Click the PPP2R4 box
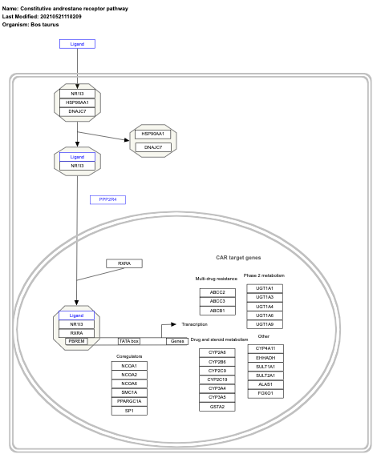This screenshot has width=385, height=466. click(107, 199)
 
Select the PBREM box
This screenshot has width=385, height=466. click(76, 341)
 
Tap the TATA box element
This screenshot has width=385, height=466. click(129, 341)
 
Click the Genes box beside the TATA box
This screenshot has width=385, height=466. click(177, 341)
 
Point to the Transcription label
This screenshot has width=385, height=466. click(194, 324)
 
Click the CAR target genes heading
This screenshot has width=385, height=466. click(238, 259)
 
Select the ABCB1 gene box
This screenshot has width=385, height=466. click(217, 311)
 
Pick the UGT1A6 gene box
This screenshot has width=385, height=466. click(265, 315)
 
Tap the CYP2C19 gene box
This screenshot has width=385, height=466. click(217, 380)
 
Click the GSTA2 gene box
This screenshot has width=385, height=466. click(217, 407)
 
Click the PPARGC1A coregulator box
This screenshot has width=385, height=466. click(129, 401)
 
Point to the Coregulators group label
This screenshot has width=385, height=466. click(129, 356)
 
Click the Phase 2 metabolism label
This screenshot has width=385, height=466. click(265, 275)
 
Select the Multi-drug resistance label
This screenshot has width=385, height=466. click(217, 279)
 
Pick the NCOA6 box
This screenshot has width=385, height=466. click(129, 384)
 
